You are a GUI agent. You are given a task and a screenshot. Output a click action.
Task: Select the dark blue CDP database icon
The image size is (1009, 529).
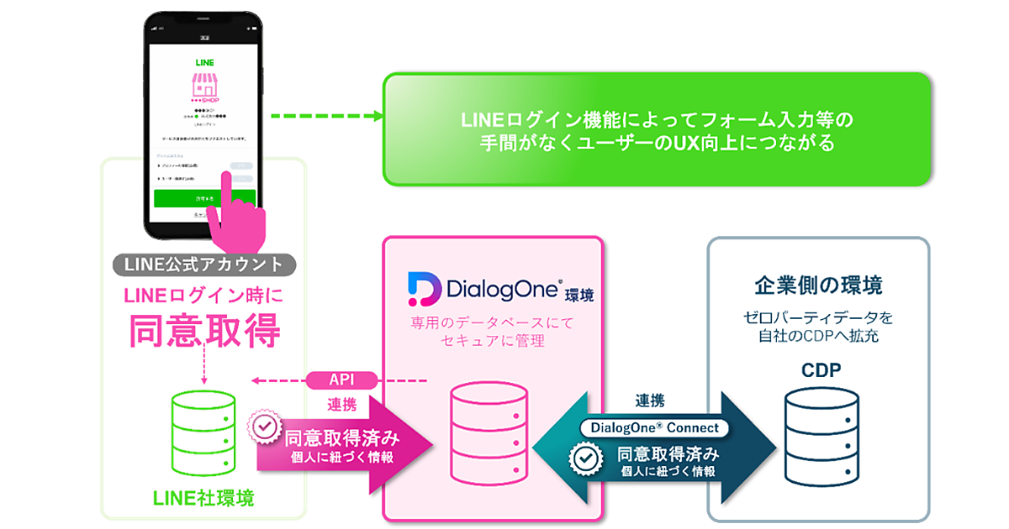[x=821, y=434]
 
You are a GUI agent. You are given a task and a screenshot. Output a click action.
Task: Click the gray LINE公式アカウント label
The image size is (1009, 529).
[x=203, y=264]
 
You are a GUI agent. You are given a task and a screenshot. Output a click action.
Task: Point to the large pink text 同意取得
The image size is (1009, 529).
[x=203, y=332]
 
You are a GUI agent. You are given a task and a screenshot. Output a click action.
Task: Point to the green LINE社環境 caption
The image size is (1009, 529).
[x=203, y=498]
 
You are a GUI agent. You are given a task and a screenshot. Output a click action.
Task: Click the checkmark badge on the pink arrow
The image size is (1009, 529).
[x=266, y=427]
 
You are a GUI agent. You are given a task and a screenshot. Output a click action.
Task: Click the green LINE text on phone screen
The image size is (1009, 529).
[x=203, y=62]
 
